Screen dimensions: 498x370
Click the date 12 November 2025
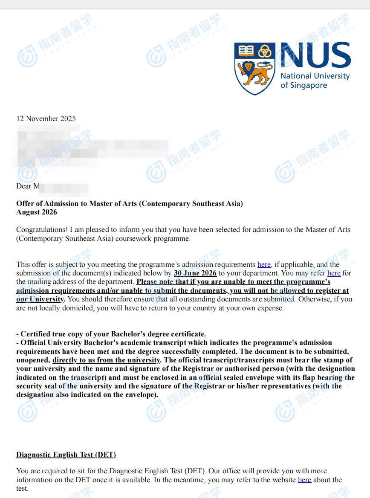[46, 119]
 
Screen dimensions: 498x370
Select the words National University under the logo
[315, 76]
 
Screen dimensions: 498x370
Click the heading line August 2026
[37, 212]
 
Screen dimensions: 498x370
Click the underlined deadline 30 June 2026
[195, 273]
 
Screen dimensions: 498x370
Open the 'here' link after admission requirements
[264, 264]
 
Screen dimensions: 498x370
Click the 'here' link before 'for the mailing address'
[334, 273]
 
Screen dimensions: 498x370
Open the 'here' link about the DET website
[304, 480]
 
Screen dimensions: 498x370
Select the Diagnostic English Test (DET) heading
[66, 455]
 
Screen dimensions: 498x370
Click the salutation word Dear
[24, 186]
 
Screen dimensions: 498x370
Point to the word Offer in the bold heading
[25, 203]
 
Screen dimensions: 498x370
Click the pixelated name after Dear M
[64, 188]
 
